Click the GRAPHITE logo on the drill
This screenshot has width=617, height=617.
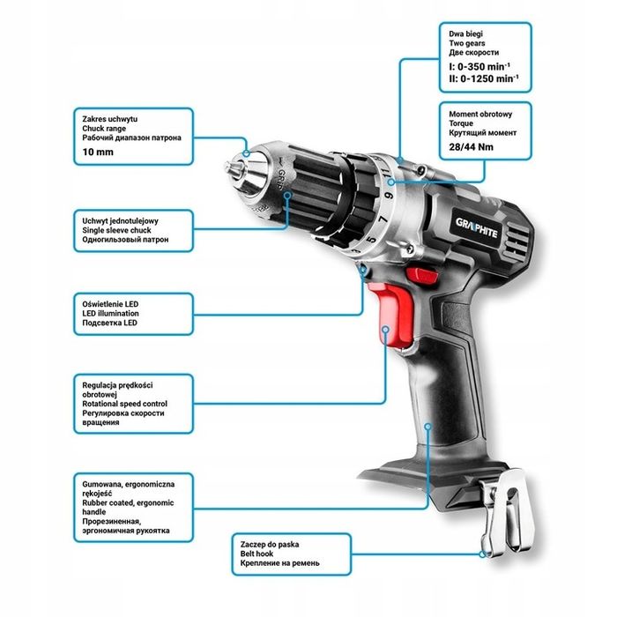[x=477, y=228]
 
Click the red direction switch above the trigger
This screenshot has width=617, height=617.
[x=422, y=275]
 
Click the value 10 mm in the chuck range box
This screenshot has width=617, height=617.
[x=98, y=152]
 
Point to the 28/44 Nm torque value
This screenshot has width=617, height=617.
[x=471, y=147]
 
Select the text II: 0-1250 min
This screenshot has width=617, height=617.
[x=484, y=78]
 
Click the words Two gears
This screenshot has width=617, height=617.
[x=466, y=43]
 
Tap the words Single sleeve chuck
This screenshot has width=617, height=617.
[x=116, y=230]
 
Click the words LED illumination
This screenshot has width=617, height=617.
[x=110, y=313]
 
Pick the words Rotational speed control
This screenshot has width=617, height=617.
[x=125, y=404]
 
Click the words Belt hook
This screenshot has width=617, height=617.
[x=257, y=554]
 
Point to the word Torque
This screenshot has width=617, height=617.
[x=461, y=123]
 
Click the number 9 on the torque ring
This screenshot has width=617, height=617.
[x=390, y=195]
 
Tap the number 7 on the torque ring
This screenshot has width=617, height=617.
[x=383, y=219]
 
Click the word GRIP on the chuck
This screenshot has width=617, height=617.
[x=281, y=179]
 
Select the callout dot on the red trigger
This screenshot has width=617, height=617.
[x=386, y=329]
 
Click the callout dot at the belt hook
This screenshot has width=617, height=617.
[x=482, y=554]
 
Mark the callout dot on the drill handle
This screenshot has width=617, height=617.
[x=428, y=427]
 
